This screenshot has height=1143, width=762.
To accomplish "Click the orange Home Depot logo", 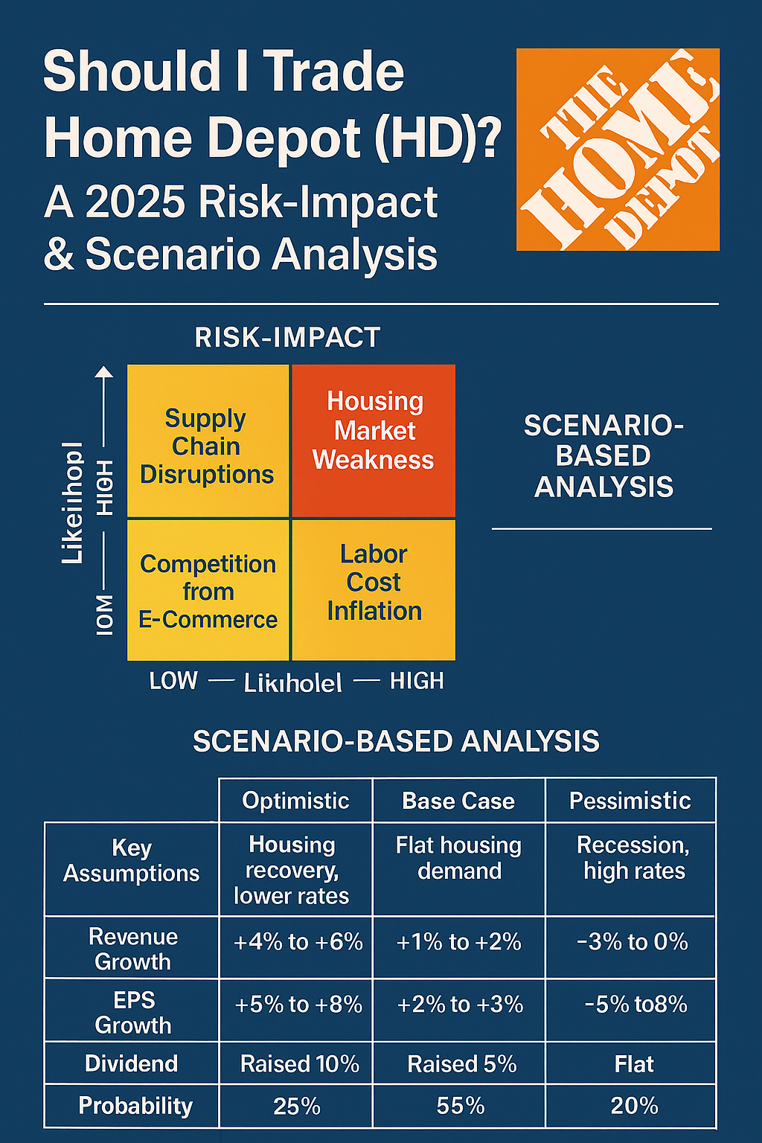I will tap(618, 150).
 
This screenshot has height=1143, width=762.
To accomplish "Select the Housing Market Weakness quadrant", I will tap(374, 441).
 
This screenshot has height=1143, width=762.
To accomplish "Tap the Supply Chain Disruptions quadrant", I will tap(208, 441).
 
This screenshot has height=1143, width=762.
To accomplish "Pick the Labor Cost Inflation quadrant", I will tap(374, 589).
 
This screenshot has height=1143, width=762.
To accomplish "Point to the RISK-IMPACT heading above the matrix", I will tap(287, 338).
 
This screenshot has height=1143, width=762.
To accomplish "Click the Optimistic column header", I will tap(295, 801).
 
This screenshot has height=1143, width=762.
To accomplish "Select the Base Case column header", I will tap(458, 801).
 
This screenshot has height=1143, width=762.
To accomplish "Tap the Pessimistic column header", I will tap(630, 801).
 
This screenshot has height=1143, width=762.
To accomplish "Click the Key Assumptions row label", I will tap(132, 860).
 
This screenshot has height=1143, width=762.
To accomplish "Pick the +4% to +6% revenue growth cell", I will tap(298, 942).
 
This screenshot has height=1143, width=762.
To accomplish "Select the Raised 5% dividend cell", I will tap(461, 1064).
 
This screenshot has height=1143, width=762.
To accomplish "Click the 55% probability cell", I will tap(461, 1107).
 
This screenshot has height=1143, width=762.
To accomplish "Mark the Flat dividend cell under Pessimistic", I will tap(634, 1064).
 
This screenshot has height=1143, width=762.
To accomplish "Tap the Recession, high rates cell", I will tap(633, 858).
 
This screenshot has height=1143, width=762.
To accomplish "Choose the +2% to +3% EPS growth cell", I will tap(460, 1005).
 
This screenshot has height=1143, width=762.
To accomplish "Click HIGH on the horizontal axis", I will tap(417, 681).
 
